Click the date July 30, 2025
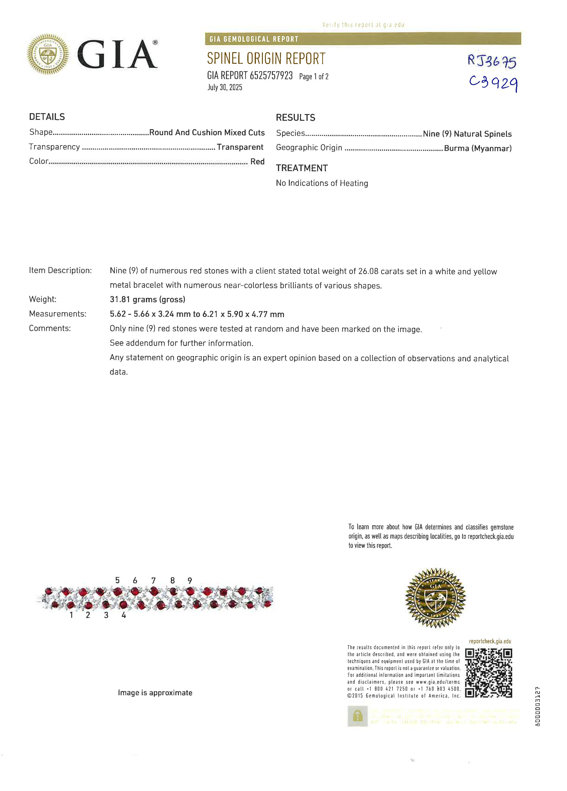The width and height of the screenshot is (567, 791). pos(225,87)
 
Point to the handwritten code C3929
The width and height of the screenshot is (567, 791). pos(493,83)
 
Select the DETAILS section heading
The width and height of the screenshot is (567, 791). pos(47,117)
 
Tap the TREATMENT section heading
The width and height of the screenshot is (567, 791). pos(301,168)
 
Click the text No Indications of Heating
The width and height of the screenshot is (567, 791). pos(322,183)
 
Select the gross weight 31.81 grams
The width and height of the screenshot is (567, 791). pos(147,299)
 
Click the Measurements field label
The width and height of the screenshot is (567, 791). pos(57,314)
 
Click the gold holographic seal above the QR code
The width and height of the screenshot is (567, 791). pos(435,598)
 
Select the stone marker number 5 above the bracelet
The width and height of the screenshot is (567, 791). pos(117,580)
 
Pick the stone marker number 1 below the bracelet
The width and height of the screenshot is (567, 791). pos(71,615)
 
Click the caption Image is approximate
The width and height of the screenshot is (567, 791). pos(155,693)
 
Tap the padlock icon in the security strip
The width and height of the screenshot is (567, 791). pos(357,716)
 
